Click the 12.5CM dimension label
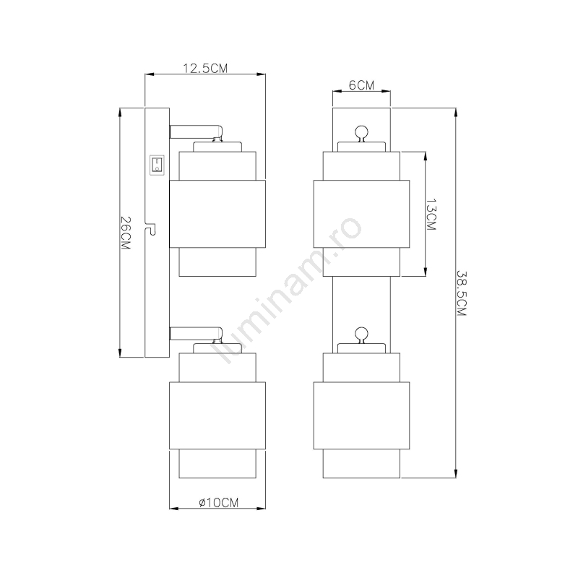(205, 68)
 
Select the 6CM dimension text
(361, 85)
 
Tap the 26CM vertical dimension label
(125, 233)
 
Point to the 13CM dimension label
(431, 215)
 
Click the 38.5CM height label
(462, 293)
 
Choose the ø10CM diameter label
(219, 502)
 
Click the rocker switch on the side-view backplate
(157, 165)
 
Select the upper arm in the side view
(196, 132)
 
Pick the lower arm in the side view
(196, 334)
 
